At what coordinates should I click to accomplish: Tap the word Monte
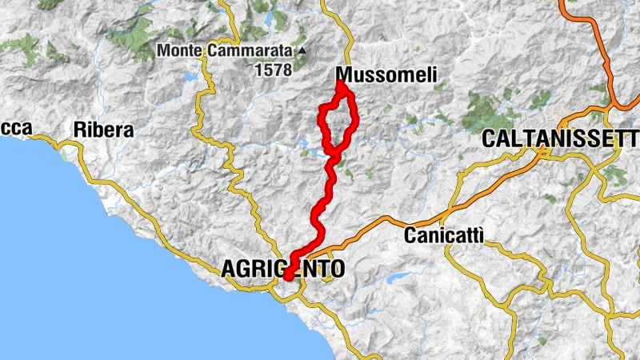180,50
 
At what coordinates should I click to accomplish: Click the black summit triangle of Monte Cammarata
302,51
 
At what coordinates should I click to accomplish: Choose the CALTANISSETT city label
560,139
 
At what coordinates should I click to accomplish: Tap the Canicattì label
444,236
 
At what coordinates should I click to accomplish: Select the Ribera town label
103,130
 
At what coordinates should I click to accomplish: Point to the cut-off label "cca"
15,128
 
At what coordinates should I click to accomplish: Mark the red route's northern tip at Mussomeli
341,82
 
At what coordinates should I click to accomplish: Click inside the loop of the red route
338,124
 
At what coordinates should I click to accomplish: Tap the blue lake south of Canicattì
398,280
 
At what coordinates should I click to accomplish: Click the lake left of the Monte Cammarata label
190,77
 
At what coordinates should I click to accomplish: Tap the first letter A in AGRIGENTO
226,270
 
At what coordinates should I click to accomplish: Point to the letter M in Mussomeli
346,74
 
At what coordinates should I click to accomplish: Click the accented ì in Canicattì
481,235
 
